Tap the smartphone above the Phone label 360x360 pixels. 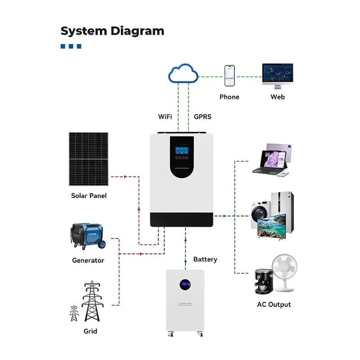[x=229, y=76]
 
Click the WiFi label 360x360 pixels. [x=165, y=117]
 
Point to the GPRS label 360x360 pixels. [x=202, y=117]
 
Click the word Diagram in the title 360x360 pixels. [x=137, y=31]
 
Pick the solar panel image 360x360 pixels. [x=88, y=159]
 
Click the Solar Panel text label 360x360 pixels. [x=89, y=196]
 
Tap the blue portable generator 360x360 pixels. [x=87, y=237]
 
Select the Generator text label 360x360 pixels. [x=88, y=260]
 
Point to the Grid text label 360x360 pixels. [x=90, y=331]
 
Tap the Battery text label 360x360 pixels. [x=205, y=259]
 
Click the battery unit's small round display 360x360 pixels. [x=185, y=284]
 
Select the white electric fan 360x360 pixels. [x=284, y=270]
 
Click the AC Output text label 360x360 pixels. [x=274, y=305]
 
